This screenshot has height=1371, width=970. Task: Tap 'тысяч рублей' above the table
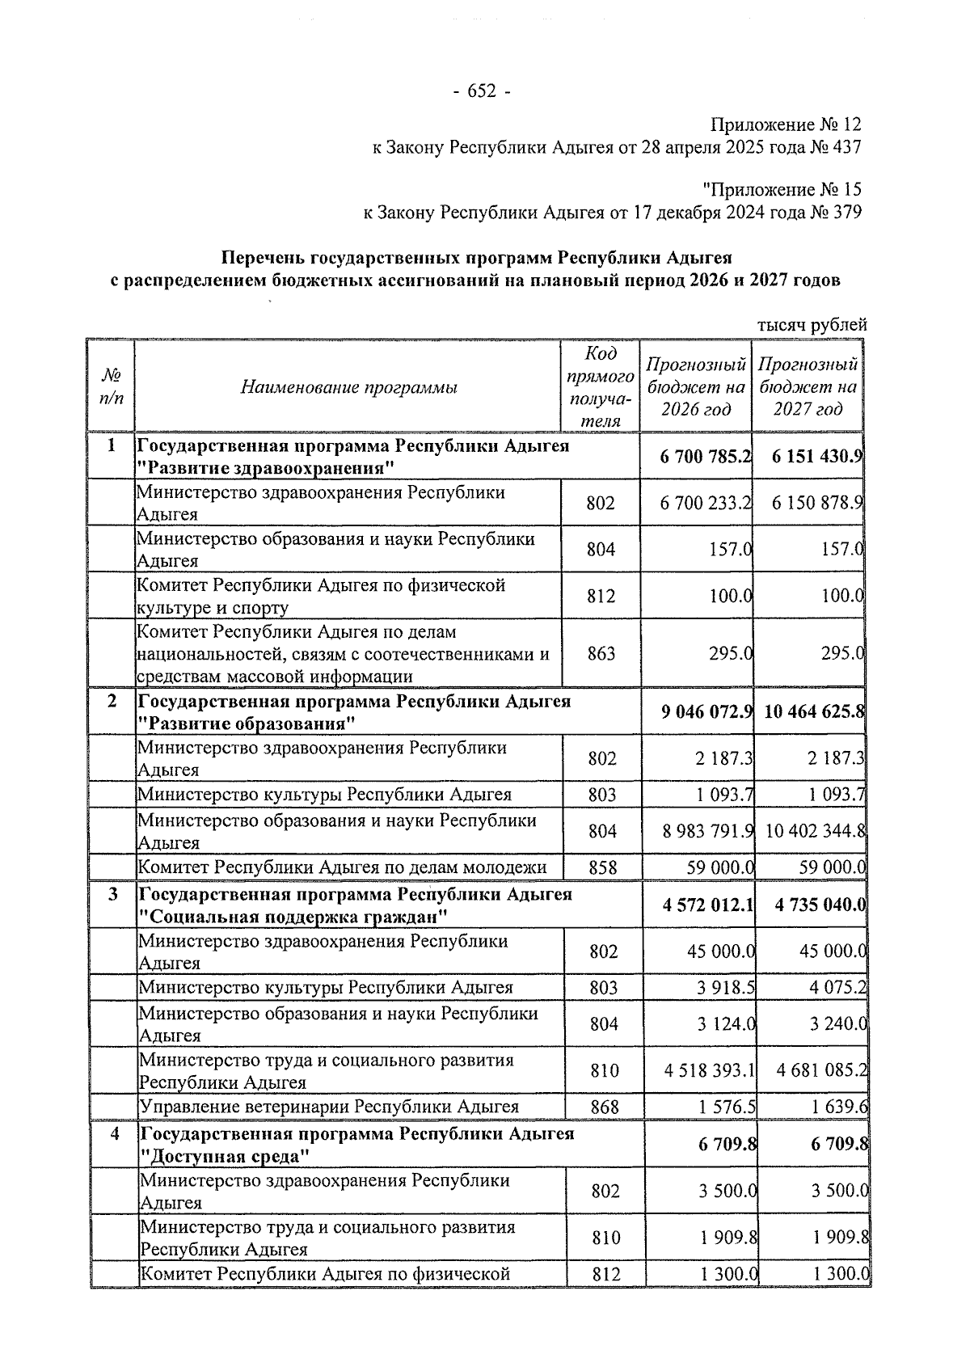point(812,325)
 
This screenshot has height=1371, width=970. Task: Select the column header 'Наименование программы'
point(348,388)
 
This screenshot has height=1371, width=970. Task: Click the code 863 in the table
point(601,653)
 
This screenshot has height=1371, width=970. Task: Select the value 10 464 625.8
point(814,712)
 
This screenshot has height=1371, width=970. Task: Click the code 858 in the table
point(603,868)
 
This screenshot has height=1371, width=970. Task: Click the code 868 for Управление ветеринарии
point(605,1107)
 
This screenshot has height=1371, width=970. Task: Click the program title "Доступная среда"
point(226,1157)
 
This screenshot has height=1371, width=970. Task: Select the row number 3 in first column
point(112,895)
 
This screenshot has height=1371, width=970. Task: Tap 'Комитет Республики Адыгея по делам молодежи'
point(343,868)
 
